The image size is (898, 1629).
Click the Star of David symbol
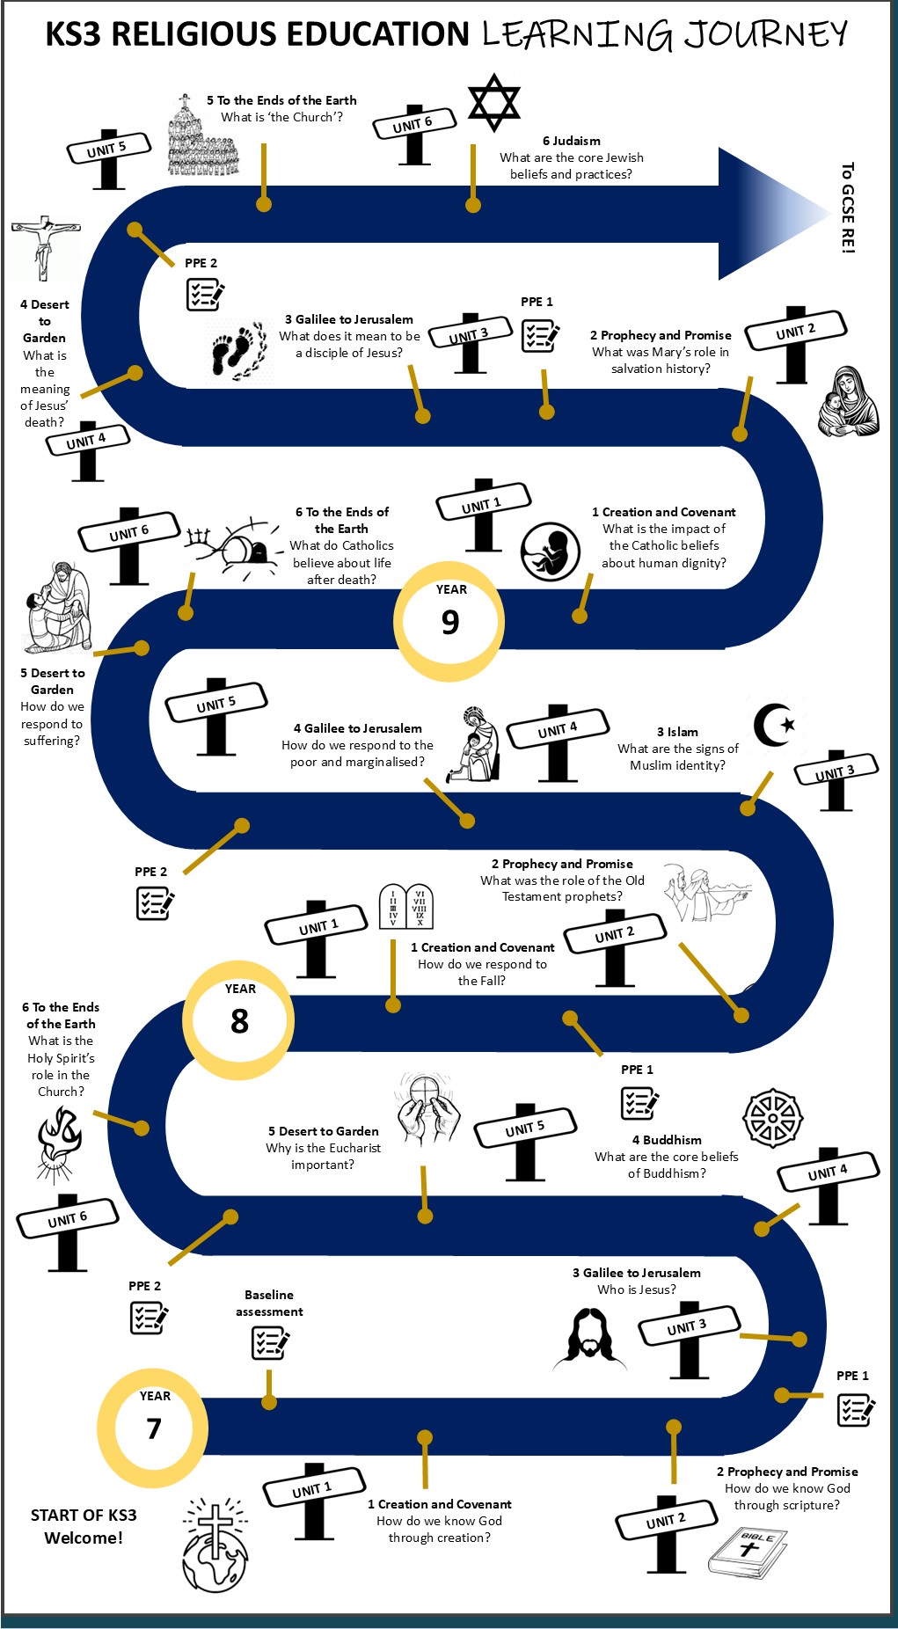click(x=493, y=102)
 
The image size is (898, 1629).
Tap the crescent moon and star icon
click(x=774, y=725)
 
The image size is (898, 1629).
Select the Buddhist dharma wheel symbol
click(x=772, y=1118)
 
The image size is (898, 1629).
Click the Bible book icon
click(x=748, y=1553)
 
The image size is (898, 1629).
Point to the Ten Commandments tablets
click(x=405, y=906)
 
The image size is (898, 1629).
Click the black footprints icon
click(x=237, y=349)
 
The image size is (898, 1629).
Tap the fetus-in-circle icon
click(x=550, y=552)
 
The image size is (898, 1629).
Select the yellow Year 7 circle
click(x=153, y=1426)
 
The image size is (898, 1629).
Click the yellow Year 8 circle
click(x=238, y=1019)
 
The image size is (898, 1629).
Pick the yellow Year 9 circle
click(x=449, y=621)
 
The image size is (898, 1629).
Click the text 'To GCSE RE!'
click(x=847, y=208)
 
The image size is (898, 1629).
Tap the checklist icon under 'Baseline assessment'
click(x=270, y=1343)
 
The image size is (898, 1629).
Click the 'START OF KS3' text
click(x=84, y=1515)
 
